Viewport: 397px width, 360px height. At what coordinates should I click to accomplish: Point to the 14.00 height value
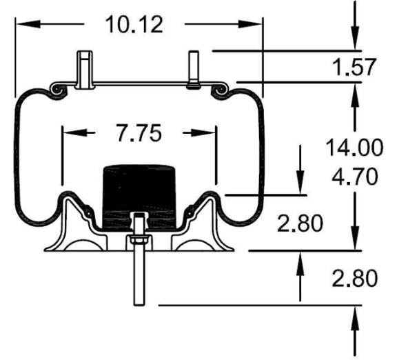353,146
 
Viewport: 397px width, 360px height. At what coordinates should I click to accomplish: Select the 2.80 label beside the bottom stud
353,278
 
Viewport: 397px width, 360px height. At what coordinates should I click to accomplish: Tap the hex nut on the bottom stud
137,241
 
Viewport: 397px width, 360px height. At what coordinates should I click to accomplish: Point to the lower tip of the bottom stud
137,303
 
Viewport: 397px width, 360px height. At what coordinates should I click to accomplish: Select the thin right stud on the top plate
192,70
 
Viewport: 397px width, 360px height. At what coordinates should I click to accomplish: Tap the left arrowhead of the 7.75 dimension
68,132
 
